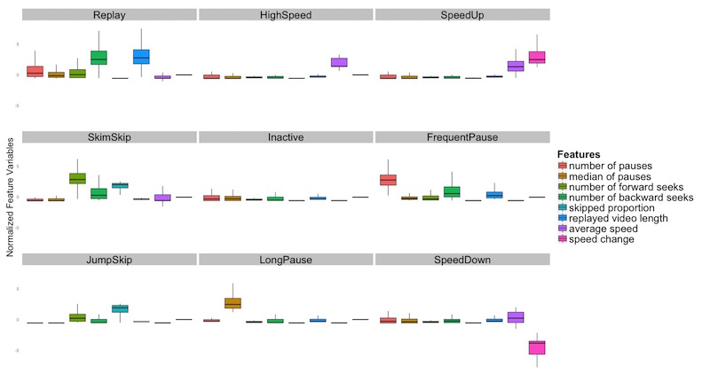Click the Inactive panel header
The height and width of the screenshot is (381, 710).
[286, 137]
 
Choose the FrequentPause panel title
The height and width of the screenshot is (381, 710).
[462, 137]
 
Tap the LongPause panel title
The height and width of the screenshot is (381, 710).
[286, 260]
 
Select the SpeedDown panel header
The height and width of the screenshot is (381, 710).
[462, 260]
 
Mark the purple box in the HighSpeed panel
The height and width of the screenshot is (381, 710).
[339, 62]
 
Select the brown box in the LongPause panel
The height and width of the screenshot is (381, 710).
[233, 303]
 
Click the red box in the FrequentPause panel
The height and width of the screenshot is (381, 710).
[388, 180]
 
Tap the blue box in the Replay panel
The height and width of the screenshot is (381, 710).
[141, 56]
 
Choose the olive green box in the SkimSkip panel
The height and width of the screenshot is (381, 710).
[77, 178]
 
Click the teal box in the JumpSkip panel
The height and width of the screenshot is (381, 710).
[120, 308]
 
